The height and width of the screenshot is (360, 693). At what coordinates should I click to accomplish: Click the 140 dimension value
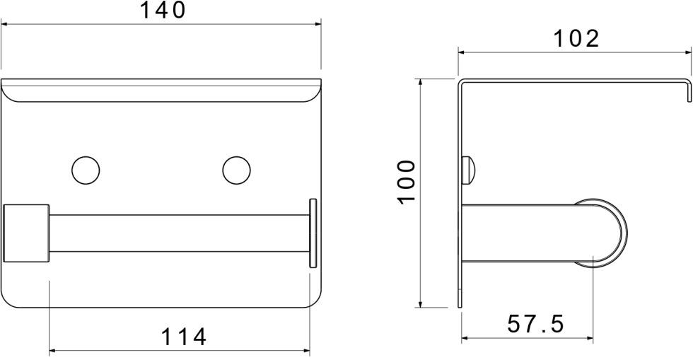(161, 11)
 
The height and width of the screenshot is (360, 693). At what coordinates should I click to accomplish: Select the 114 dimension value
(184, 337)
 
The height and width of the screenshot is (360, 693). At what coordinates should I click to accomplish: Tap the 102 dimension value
(575, 38)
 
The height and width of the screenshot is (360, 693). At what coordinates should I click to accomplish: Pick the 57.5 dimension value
(536, 325)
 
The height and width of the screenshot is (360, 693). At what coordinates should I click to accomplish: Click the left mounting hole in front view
(86, 169)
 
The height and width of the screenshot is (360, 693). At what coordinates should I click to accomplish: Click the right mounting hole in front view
(236, 169)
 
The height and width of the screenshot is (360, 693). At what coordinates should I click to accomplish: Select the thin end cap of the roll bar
(313, 233)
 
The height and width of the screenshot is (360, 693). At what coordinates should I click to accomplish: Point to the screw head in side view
(468, 168)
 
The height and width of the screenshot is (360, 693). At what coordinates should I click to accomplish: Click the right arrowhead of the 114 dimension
(306, 350)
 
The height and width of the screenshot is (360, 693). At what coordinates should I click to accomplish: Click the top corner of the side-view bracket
(460, 81)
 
